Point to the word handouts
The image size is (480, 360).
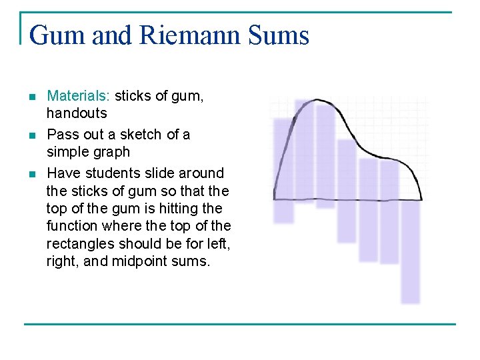click(x=77, y=113)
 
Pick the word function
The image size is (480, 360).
click(x=73, y=227)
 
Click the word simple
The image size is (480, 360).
click(x=68, y=152)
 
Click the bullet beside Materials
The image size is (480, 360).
click(x=33, y=97)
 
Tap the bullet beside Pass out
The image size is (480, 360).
click(x=33, y=135)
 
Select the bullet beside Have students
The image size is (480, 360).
click(x=33, y=174)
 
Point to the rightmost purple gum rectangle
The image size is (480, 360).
click(x=411, y=253)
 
